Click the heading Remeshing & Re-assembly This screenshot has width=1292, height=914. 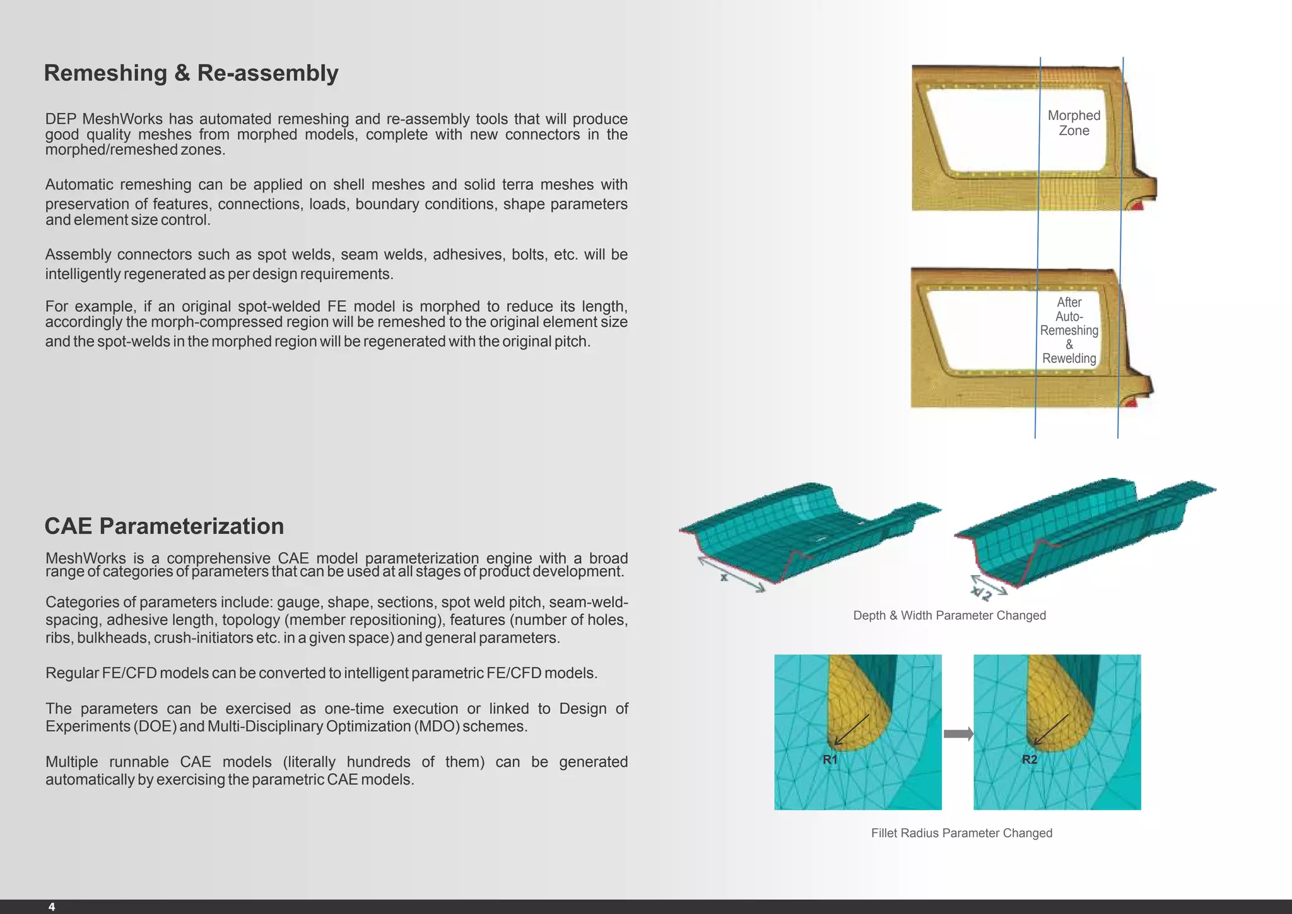coord(191,73)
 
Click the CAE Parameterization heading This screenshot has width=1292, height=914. coord(164,526)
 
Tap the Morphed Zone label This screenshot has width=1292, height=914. coord(1074,123)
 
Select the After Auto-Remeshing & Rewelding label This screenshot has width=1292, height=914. coord(1069,330)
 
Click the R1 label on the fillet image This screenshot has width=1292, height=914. coord(830,759)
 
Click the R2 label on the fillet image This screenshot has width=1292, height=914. coord(1029,759)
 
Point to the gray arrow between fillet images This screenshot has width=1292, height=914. coord(958,733)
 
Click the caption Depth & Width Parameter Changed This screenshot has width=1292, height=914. coord(949,615)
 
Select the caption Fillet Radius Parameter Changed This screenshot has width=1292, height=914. coord(961,833)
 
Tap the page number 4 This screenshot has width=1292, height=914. coord(52,906)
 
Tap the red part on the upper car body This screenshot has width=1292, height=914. coord(1136,205)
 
